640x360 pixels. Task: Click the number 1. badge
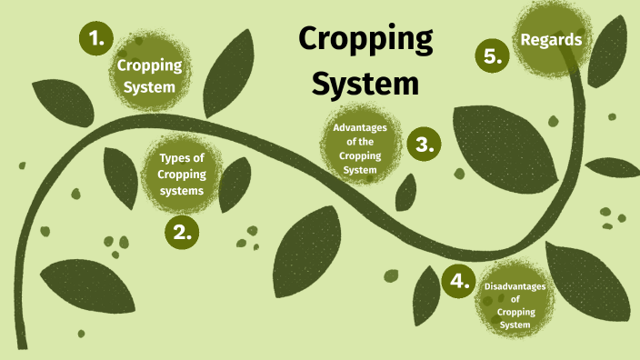(97, 39)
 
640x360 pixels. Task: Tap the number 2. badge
(182, 231)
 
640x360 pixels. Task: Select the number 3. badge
(423, 144)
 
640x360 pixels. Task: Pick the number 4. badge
(460, 280)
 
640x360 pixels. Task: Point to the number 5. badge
(493, 55)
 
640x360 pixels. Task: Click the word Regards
(550, 39)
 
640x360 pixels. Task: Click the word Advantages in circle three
(360, 127)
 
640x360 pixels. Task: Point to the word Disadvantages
(515, 285)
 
